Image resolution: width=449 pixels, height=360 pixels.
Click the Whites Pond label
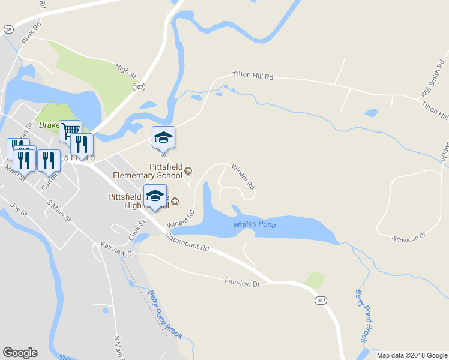[x=255, y=224]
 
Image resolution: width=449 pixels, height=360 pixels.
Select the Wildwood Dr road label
[x=408, y=236]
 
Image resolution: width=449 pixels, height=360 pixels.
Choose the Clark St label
[x=137, y=230]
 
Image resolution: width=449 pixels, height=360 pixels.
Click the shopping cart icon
[x=71, y=130]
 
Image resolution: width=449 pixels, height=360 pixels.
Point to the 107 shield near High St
[x=139, y=87]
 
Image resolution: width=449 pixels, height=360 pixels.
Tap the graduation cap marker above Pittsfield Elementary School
[x=163, y=138]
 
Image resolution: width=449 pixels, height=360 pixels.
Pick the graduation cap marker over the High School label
[x=155, y=196]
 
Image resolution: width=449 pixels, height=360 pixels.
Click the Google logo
[x=20, y=353]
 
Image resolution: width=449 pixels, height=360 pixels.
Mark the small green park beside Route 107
[x=315, y=279]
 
